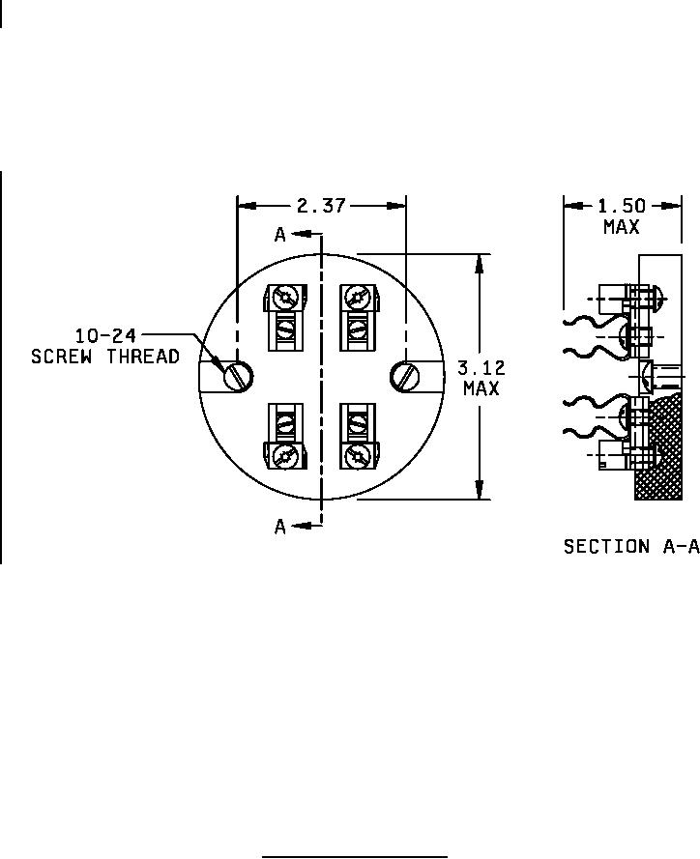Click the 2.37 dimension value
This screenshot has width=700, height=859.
point(321,206)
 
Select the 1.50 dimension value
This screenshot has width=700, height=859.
point(622,206)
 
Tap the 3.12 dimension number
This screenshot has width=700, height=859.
point(481,367)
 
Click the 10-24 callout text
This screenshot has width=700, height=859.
point(105,334)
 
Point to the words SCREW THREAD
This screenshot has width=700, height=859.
point(105,357)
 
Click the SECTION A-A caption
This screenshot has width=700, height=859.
point(631,546)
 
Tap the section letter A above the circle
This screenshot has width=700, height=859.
point(280,235)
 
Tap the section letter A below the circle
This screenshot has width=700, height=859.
point(280,527)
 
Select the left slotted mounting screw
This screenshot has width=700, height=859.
point(238,377)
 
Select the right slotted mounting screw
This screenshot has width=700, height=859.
point(406,377)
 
